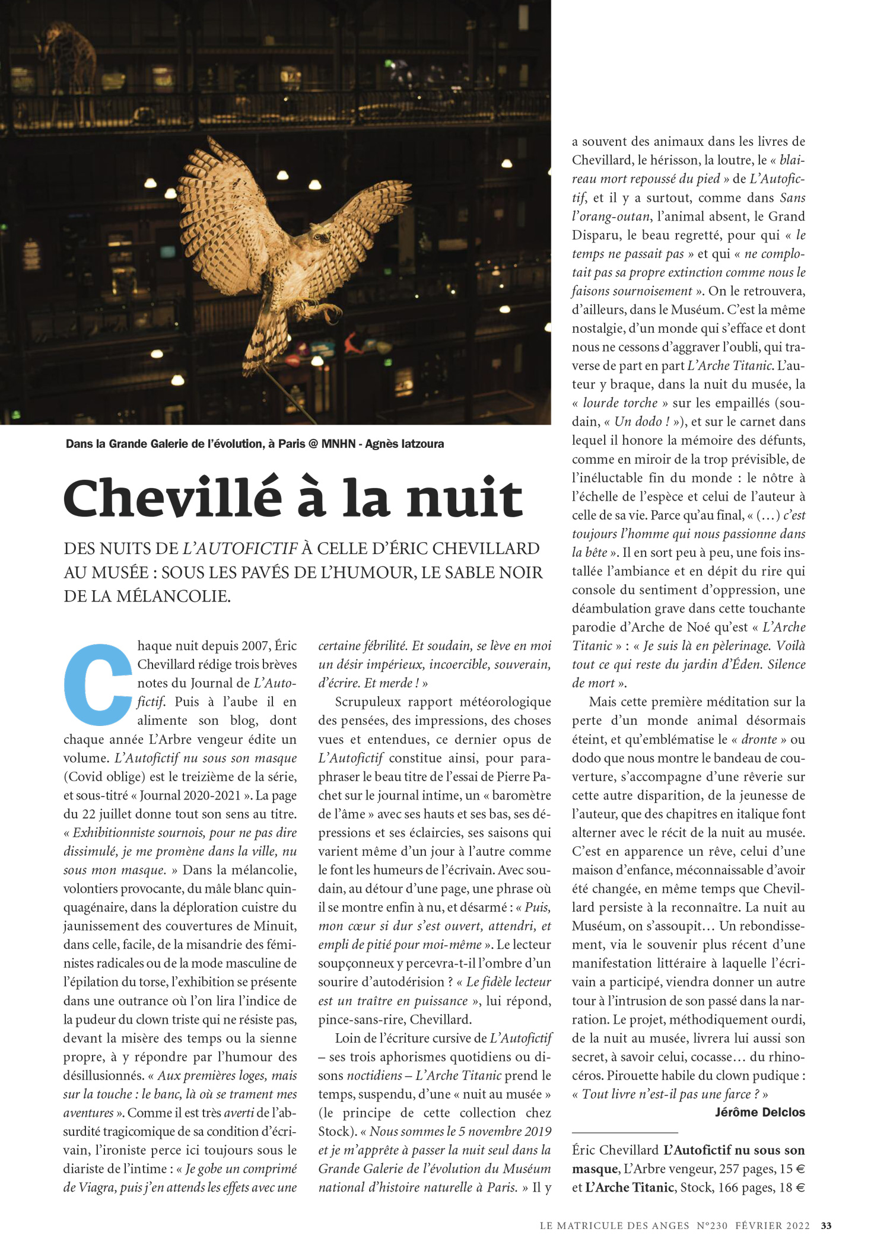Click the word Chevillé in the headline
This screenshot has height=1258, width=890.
point(172,498)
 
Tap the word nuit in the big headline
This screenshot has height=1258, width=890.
point(464,498)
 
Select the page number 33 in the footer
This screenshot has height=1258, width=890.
point(826,1225)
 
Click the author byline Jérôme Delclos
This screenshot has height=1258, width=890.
point(759,1112)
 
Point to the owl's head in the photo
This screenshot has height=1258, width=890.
point(320,237)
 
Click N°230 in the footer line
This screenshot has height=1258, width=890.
point(712,1225)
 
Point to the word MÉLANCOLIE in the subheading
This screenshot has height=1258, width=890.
point(171,595)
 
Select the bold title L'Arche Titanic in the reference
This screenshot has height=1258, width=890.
point(630,1187)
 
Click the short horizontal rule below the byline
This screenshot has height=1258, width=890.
point(624,1132)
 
